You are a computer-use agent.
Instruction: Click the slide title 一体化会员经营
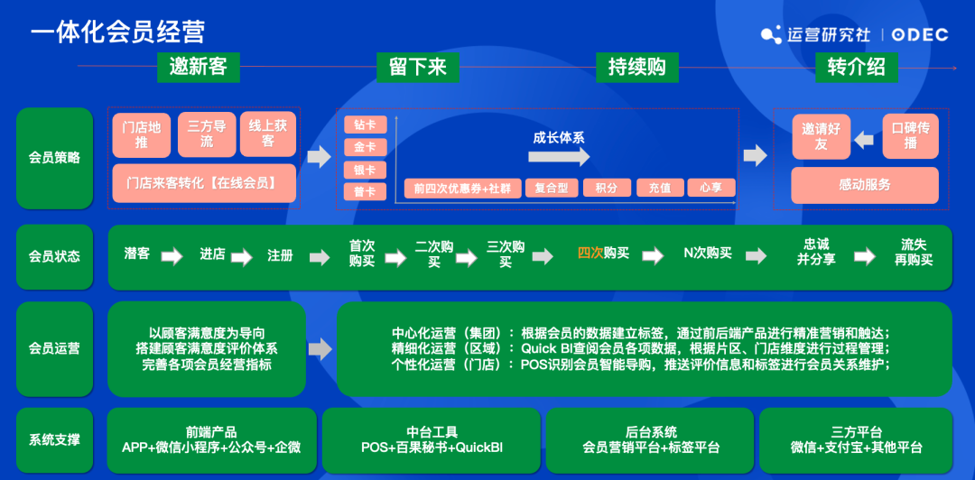click(x=118, y=32)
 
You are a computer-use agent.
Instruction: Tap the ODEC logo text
click(x=920, y=34)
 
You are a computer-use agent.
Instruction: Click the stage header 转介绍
click(x=856, y=67)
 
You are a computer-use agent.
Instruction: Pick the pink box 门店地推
click(x=141, y=134)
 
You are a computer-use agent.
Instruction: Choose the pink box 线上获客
click(x=268, y=134)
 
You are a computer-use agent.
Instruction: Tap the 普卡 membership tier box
click(x=365, y=191)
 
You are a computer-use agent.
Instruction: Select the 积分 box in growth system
click(x=606, y=189)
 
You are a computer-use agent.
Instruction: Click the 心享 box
click(x=711, y=189)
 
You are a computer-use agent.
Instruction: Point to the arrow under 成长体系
click(x=559, y=158)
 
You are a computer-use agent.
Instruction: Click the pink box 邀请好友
click(x=821, y=136)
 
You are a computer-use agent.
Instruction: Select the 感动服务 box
click(x=864, y=185)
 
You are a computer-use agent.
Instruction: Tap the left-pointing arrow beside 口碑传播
click(x=864, y=139)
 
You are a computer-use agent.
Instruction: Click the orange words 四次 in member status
click(x=590, y=254)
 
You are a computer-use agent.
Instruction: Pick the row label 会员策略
click(x=54, y=158)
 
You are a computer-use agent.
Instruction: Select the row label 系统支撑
click(x=54, y=439)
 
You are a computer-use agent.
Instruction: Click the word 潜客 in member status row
click(x=137, y=254)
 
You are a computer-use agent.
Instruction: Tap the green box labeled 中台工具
click(x=432, y=440)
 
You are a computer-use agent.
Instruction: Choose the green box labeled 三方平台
click(x=856, y=440)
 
